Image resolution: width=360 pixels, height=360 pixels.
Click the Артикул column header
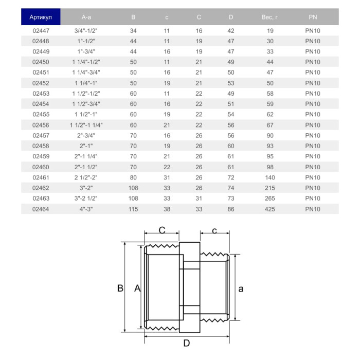[x=41, y=17]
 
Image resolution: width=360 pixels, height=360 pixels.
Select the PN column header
[x=313, y=17]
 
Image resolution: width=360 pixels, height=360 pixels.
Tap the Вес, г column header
[x=269, y=17]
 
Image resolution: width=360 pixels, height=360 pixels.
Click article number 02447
[x=41, y=31]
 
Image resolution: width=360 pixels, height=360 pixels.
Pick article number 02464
[x=41, y=209]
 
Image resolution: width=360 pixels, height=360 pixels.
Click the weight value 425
[x=269, y=209]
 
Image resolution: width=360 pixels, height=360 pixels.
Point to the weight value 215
[x=269, y=188]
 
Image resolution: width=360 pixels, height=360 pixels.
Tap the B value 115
[x=133, y=209]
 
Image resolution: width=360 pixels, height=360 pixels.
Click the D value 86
[x=230, y=209]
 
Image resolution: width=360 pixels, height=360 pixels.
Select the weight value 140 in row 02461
[x=269, y=177]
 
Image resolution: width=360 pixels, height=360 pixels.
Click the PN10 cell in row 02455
[x=313, y=115]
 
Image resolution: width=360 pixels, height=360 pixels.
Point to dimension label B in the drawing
[x=120, y=289]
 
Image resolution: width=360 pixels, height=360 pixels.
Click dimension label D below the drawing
[x=187, y=344]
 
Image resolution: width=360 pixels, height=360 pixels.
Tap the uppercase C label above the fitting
[x=161, y=231]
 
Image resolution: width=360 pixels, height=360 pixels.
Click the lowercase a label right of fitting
[x=241, y=289]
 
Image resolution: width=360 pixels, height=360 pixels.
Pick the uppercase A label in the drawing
[x=137, y=289]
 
